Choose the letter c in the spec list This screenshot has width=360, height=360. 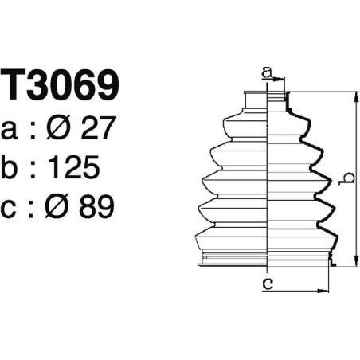tap(12, 209)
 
